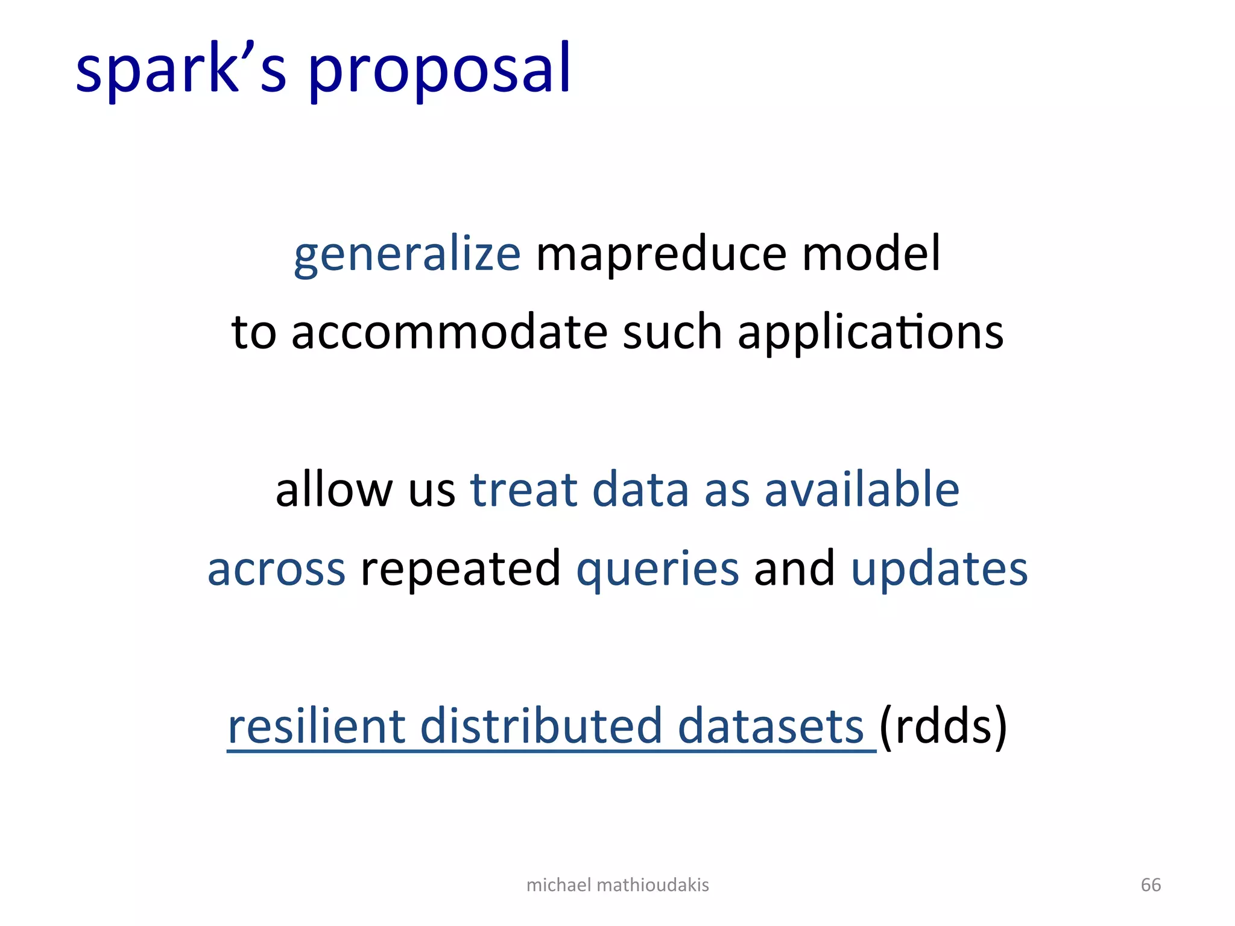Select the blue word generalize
(x=407, y=254)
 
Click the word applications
(x=870, y=333)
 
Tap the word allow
(x=333, y=490)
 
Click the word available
(x=862, y=490)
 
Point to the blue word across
(x=276, y=569)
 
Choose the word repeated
(x=460, y=569)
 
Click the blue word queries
(x=657, y=569)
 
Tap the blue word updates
(x=939, y=569)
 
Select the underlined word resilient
(x=316, y=726)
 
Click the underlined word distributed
(x=541, y=726)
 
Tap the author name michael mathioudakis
(x=617, y=885)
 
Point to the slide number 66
(x=1151, y=885)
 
